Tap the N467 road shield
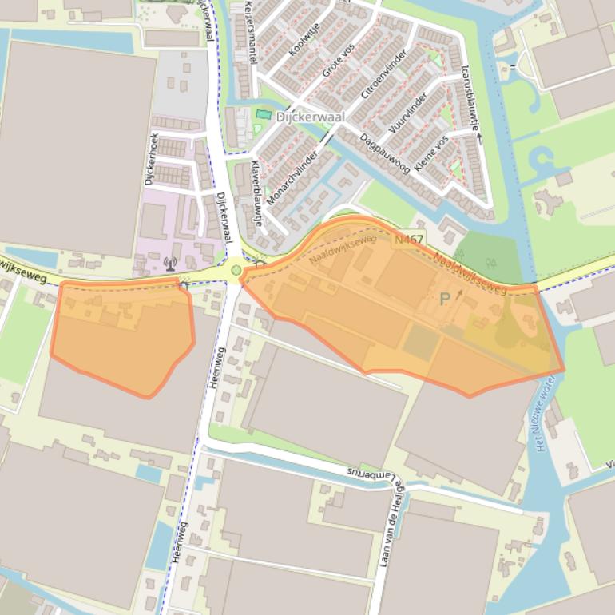pos(408,239)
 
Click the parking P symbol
pos(445,299)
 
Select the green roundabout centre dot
pos(236,270)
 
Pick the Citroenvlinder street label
pos(384,74)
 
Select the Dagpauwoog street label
pos(385,153)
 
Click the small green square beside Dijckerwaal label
pos(263,116)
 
